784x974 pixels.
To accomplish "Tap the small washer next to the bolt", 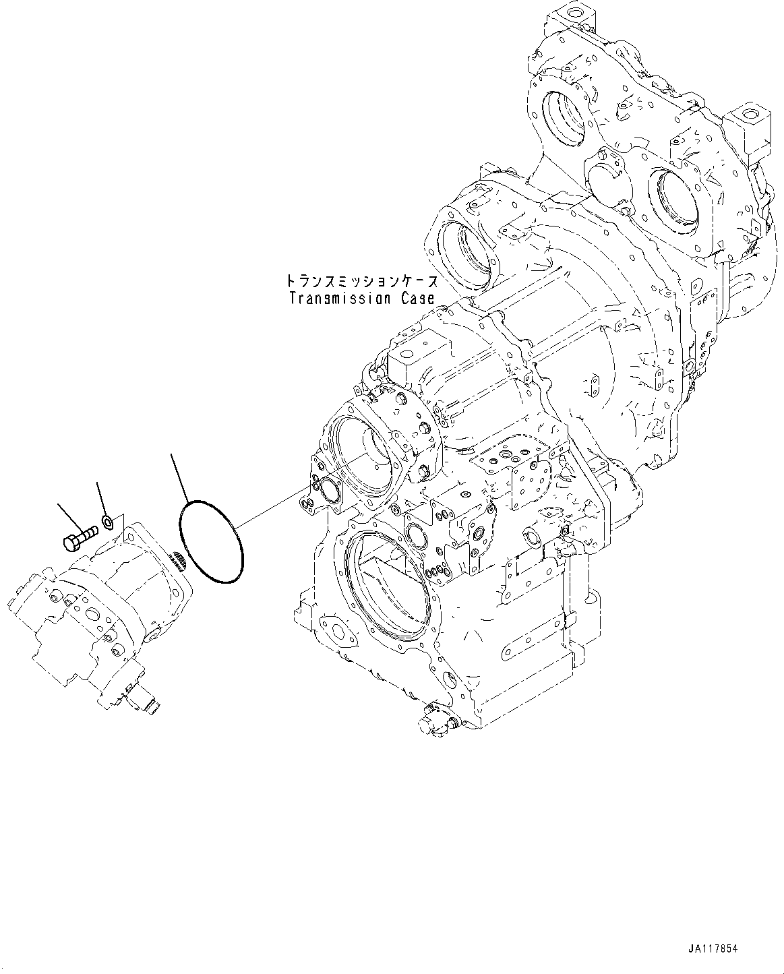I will [x=107, y=520].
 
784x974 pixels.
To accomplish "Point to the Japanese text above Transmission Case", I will [x=361, y=280].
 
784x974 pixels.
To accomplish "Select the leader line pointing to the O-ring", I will [x=179, y=477].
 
